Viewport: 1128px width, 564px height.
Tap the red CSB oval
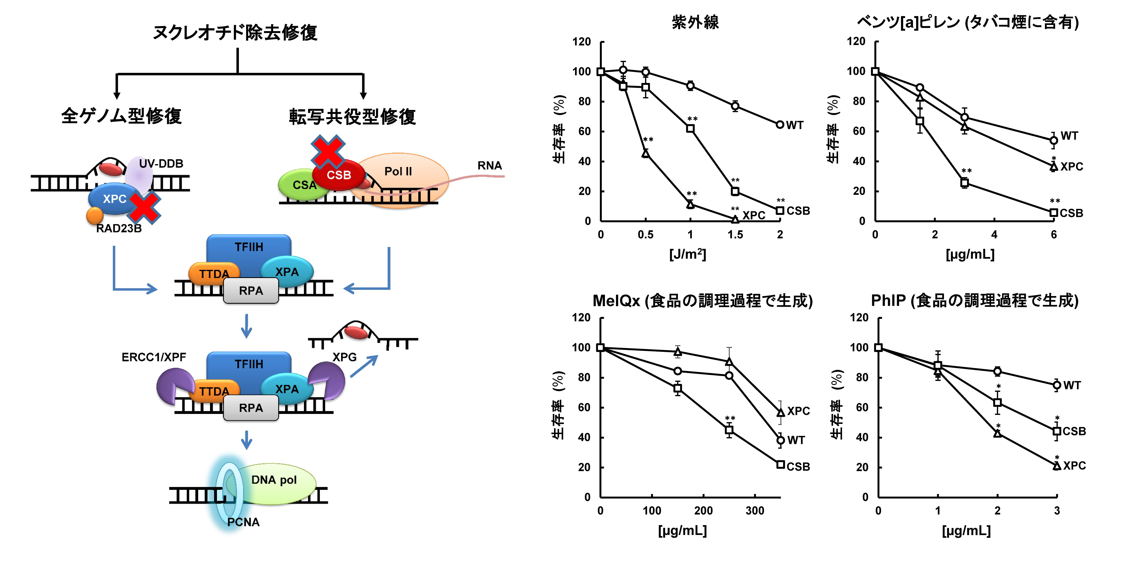(x=338, y=175)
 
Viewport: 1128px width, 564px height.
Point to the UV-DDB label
(x=161, y=164)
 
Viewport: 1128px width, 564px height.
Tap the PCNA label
(x=244, y=522)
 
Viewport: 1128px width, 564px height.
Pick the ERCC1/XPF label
(x=154, y=357)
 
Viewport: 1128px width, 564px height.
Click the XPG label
(x=345, y=357)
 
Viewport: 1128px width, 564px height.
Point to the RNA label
(x=490, y=165)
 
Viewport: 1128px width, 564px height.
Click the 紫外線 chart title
(x=695, y=22)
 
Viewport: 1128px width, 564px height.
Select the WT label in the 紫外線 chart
(x=795, y=125)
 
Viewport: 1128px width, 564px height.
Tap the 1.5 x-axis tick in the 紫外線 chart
(x=735, y=235)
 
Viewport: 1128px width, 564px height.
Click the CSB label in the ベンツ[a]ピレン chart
(x=1071, y=213)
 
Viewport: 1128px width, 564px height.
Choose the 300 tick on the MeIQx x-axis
(x=755, y=511)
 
